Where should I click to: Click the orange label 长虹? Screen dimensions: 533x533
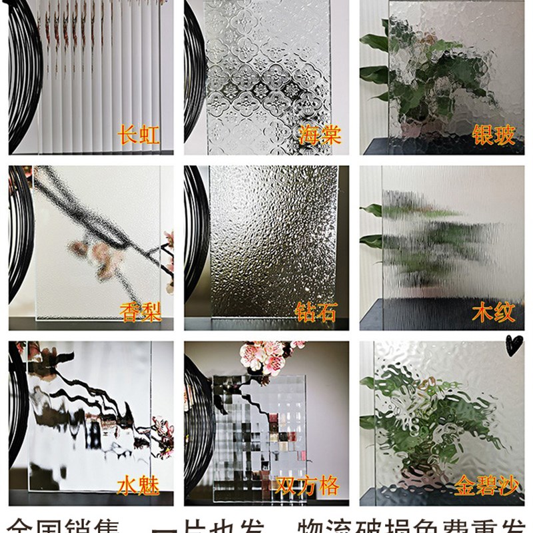coord(139,135)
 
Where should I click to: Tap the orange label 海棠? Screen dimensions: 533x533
coord(319,135)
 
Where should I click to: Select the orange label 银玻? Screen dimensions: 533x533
coord(494,135)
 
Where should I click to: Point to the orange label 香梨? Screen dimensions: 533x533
coord(141,311)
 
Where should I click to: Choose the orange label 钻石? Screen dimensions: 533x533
coord(316,311)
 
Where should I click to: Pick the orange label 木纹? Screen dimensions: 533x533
coord(494,311)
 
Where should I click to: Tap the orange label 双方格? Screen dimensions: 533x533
coord(308,485)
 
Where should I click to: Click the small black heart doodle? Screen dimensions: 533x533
coord(514,344)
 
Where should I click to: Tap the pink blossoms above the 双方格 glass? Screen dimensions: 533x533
coord(266,356)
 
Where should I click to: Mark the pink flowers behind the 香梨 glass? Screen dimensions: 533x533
coord(93,257)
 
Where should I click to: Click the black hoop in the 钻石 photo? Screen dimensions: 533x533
coord(197,240)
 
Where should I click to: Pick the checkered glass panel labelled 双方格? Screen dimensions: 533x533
coord(260,426)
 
